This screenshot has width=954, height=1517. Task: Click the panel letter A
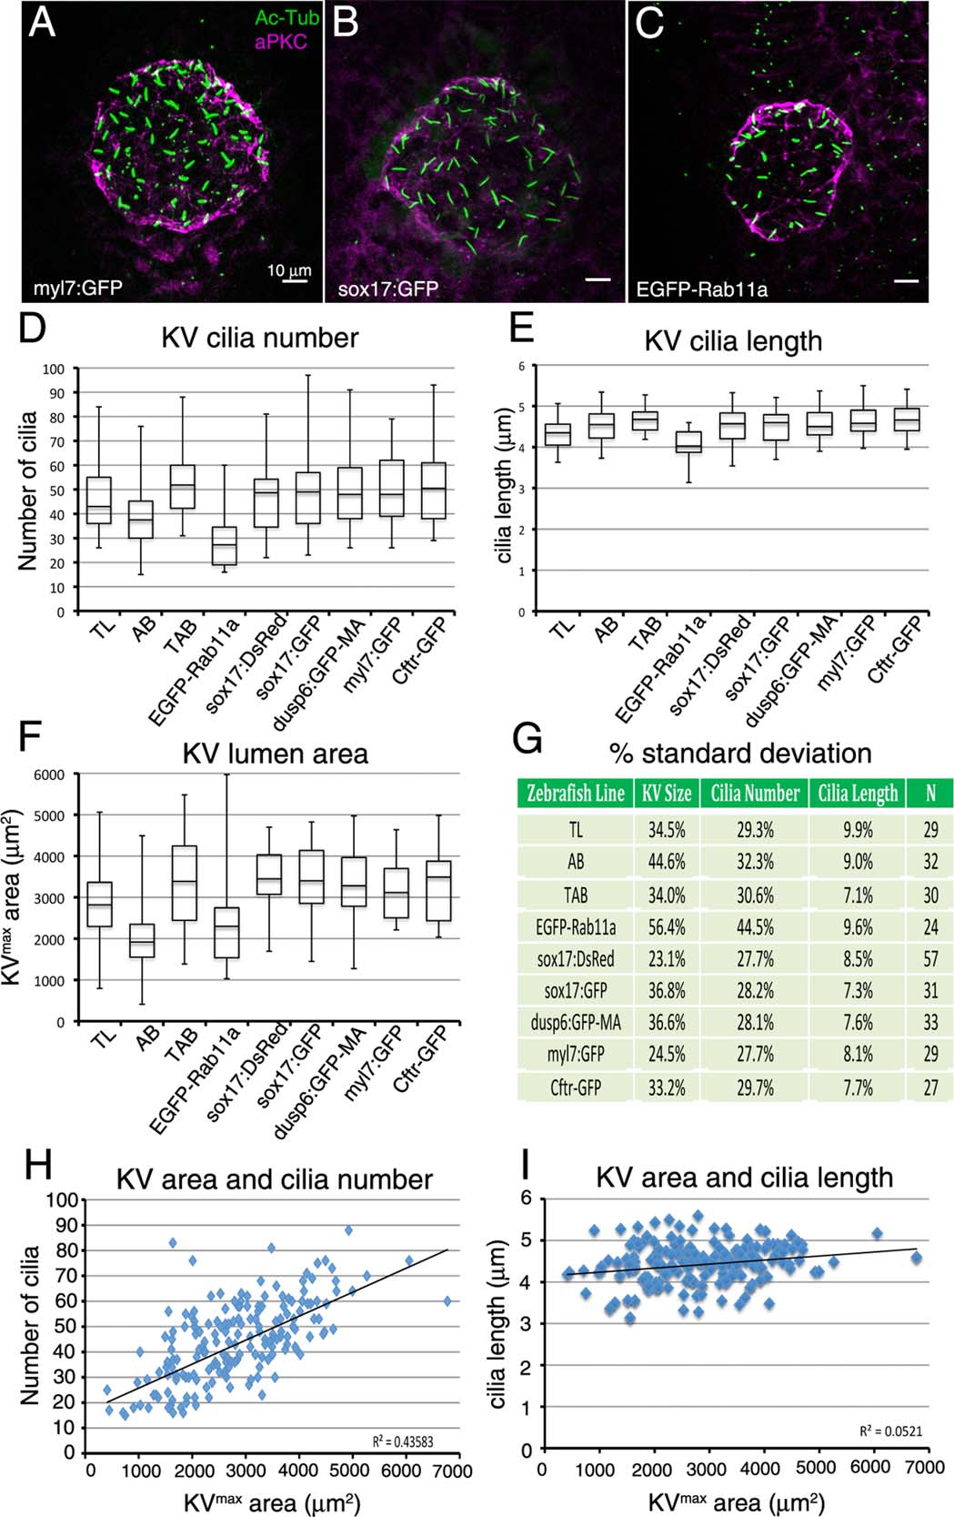[x=42, y=22]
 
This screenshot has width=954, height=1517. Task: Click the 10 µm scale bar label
[x=288, y=270]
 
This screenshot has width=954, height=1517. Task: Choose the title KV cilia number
[x=260, y=338]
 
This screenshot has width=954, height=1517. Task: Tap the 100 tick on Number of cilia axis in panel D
[x=54, y=369]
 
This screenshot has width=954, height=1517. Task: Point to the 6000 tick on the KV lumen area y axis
[x=50, y=774]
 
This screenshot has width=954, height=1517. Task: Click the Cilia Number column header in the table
[x=755, y=793]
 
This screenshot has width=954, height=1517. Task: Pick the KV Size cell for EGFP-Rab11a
[x=666, y=927]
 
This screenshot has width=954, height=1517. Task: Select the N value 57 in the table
[x=930, y=959]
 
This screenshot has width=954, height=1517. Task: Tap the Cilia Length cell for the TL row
[x=858, y=830]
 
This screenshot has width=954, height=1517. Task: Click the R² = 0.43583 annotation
[x=403, y=1441]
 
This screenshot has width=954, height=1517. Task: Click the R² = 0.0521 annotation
[x=890, y=1431]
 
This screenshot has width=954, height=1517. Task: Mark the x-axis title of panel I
[x=736, y=1501]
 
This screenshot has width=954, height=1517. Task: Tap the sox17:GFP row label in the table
[x=575, y=991]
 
